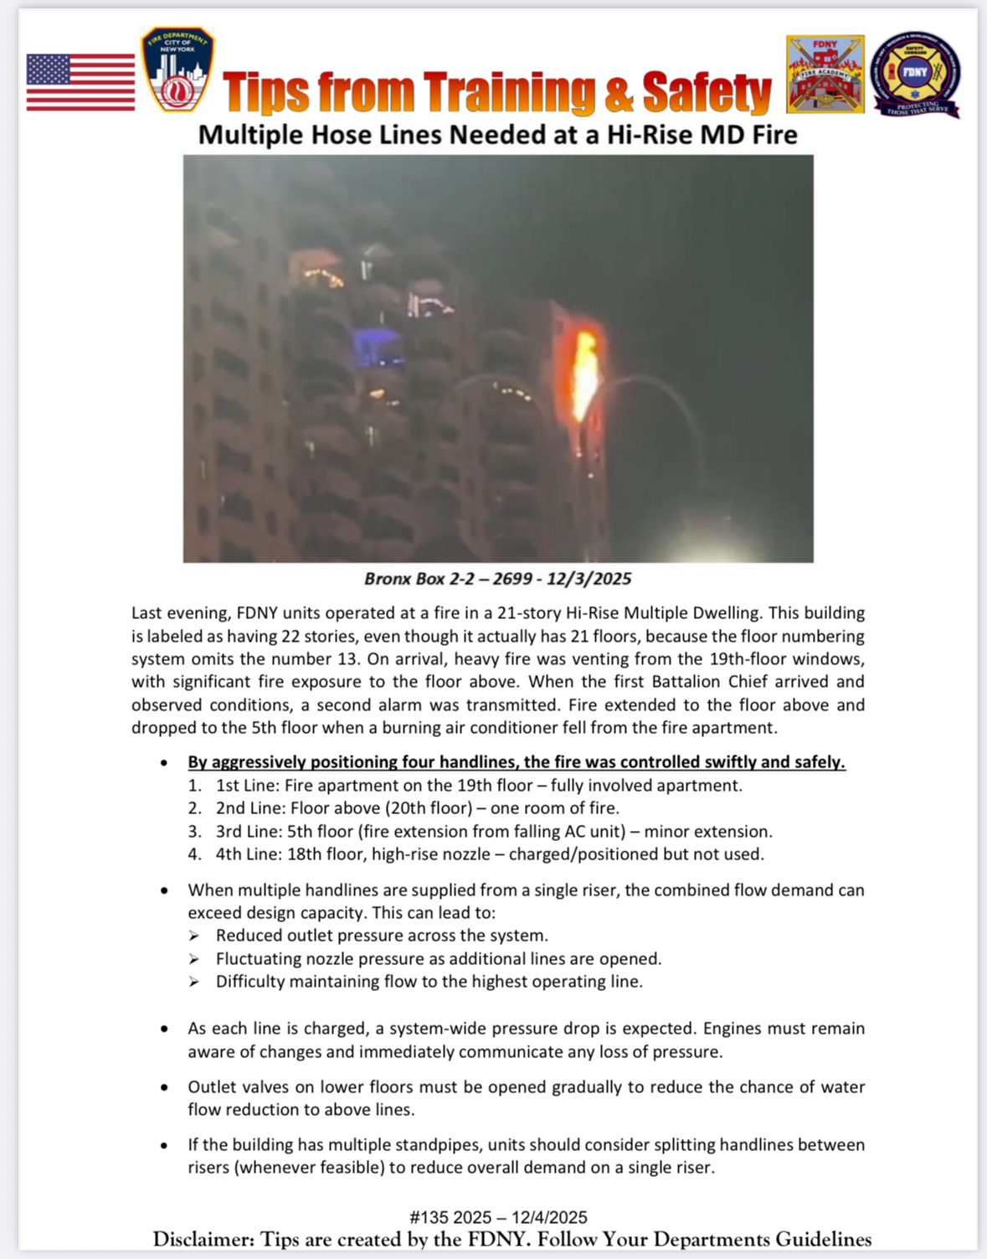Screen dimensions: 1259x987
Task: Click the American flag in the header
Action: click(x=80, y=82)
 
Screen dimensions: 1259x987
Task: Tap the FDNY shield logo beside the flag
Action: click(x=177, y=70)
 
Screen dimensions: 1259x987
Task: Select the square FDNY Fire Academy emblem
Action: click(x=825, y=74)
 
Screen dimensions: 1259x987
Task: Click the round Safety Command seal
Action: click(x=915, y=74)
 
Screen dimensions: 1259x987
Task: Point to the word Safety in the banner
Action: click(x=706, y=92)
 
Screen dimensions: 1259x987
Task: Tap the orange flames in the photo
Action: click(x=585, y=373)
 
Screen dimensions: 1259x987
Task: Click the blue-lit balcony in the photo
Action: click(x=377, y=346)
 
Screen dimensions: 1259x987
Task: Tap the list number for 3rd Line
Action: click(x=194, y=832)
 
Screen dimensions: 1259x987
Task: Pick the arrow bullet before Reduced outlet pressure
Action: click(x=194, y=936)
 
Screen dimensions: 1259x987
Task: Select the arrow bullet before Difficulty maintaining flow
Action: click(x=194, y=982)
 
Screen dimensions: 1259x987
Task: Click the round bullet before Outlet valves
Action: click(x=164, y=1087)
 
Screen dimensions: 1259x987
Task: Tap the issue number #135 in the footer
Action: click(x=428, y=1217)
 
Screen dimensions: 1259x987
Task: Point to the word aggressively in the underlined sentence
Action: click(x=258, y=762)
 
